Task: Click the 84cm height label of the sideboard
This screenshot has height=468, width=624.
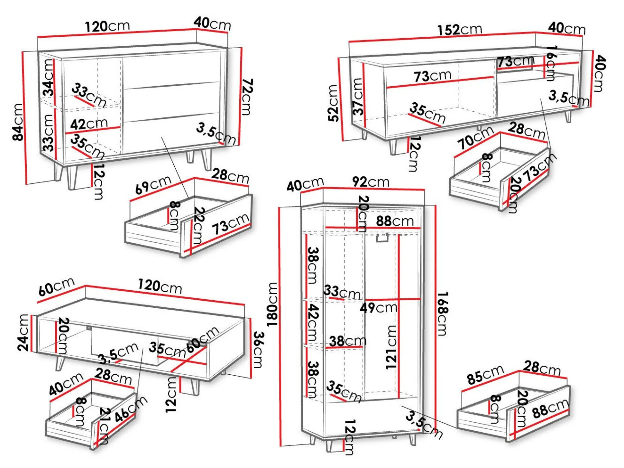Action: click(18, 122)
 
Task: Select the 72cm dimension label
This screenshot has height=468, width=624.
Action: click(247, 96)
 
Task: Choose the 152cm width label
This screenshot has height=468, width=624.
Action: click(460, 30)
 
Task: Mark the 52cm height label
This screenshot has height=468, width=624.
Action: click(334, 103)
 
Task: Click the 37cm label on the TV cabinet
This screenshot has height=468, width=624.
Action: click(358, 96)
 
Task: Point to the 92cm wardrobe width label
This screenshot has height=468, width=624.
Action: click(371, 182)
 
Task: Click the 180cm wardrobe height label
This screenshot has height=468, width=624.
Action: click(272, 304)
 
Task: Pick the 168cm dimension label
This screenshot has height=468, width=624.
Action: click(443, 314)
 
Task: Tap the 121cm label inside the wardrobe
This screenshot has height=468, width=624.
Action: click(391, 347)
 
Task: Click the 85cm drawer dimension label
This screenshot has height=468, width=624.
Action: click(485, 375)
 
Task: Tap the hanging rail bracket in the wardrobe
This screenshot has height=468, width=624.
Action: click(382, 239)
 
